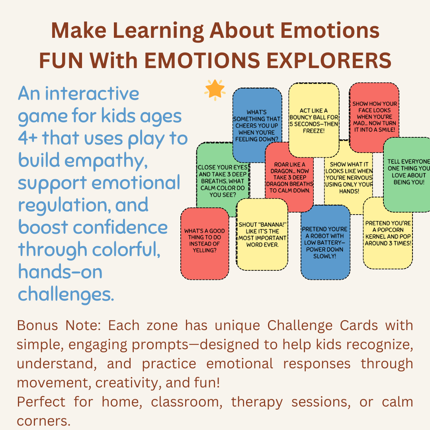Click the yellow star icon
point(215,89)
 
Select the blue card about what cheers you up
point(257,123)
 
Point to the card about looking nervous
point(348,177)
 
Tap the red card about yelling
point(204,241)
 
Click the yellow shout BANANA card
point(262,235)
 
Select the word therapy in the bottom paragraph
point(256,402)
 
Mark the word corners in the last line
point(41,421)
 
